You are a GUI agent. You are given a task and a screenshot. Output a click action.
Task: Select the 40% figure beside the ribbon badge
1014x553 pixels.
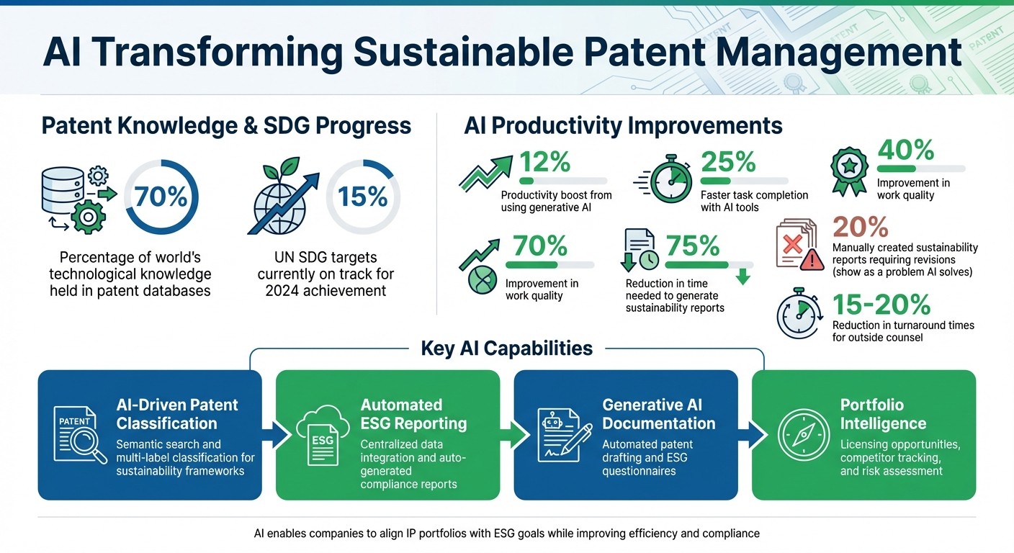(905, 150)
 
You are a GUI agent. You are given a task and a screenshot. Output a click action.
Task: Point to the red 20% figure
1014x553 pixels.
(860, 227)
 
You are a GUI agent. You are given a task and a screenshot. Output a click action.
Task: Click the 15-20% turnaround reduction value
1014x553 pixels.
(881, 305)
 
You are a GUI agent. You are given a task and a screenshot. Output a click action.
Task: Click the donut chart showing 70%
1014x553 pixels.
(161, 197)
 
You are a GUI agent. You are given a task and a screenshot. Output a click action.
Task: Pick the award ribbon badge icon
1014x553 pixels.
(850, 172)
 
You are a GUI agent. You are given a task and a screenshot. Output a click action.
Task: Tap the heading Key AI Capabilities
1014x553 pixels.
(506, 349)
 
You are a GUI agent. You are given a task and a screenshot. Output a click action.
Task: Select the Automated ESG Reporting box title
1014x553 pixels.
(413, 414)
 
